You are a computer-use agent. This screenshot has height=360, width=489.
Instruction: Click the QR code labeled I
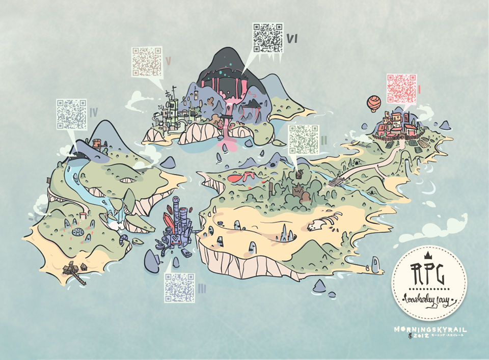(401, 89)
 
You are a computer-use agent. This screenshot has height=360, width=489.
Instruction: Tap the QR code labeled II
(303, 140)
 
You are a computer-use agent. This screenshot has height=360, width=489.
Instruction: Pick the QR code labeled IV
(71, 114)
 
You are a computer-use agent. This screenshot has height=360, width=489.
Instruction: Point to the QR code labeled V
(147, 62)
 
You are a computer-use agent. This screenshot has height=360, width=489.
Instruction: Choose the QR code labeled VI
(268, 37)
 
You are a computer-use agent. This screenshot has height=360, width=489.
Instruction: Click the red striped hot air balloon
(373, 104)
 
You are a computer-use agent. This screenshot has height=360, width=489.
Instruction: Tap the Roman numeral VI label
(292, 38)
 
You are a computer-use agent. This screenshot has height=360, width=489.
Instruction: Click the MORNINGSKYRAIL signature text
(429, 329)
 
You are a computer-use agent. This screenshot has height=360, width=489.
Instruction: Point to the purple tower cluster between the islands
(177, 224)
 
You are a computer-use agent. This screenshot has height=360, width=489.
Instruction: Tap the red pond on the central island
(239, 178)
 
